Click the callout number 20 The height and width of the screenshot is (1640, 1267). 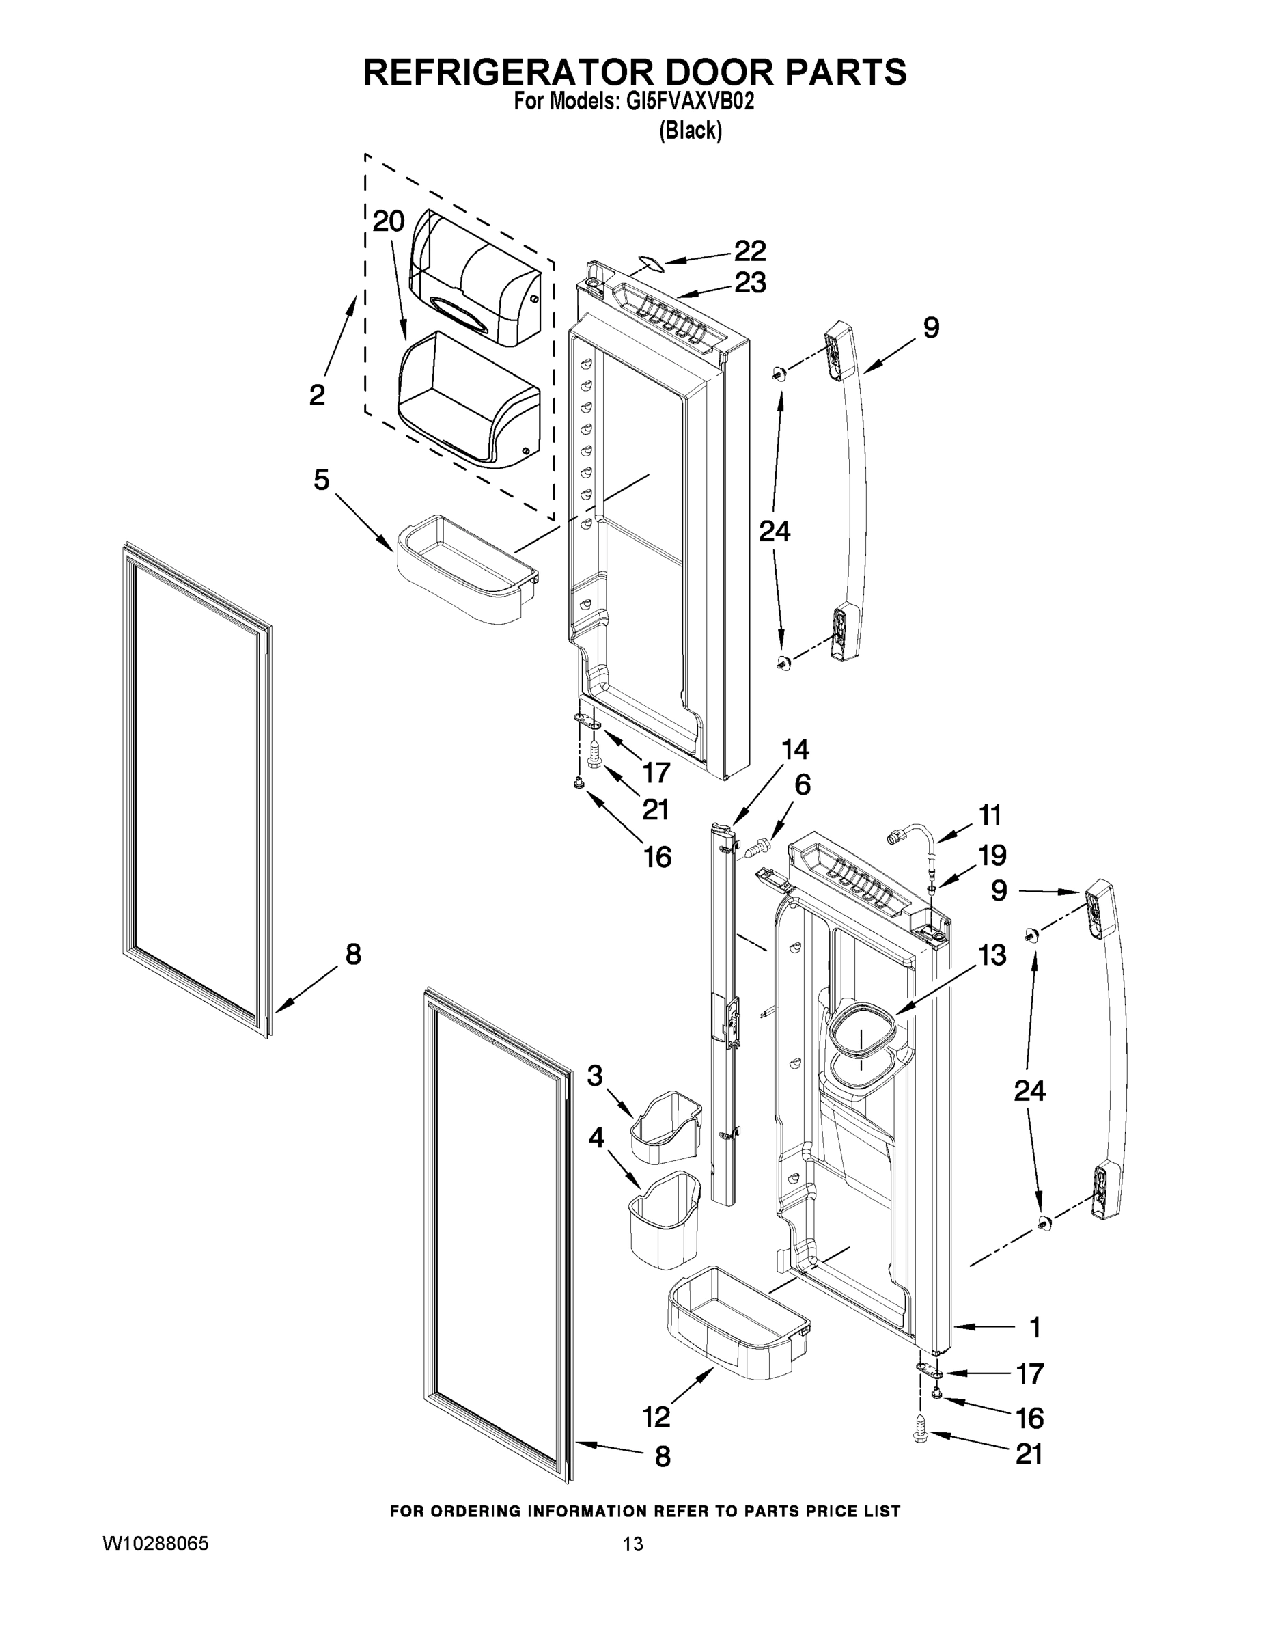(389, 221)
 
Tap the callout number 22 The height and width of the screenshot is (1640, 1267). (749, 251)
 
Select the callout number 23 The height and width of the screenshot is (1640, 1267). (749, 283)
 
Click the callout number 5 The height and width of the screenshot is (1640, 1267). (321, 480)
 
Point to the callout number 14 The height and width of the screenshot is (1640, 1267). (795, 749)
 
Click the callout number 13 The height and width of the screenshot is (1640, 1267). (992, 955)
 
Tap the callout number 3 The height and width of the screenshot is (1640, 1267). (594, 1076)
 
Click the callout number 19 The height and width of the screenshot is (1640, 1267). (992, 856)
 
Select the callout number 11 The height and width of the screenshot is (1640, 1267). (989, 815)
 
